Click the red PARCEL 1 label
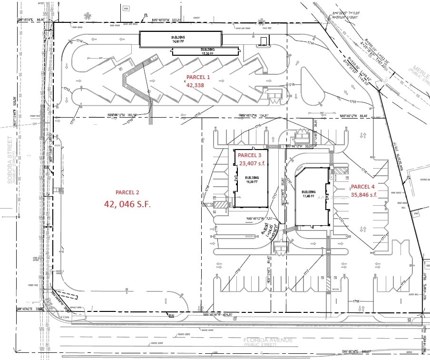(x=197, y=77)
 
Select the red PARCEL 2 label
(x=127, y=192)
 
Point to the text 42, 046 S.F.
(x=127, y=204)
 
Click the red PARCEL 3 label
(x=250, y=155)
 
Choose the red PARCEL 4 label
(x=363, y=187)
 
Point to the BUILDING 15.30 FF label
(x=207, y=51)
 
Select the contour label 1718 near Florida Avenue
(x=356, y=301)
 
